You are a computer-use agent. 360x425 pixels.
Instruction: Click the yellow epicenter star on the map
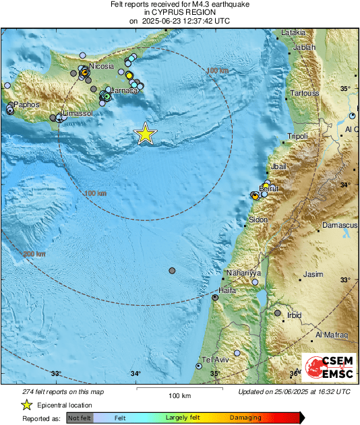coord(145,134)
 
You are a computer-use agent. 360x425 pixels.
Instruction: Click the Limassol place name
coord(77,114)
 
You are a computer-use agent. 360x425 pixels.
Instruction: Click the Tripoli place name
coord(297,136)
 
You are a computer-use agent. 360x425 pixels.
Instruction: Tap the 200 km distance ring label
coord(34,254)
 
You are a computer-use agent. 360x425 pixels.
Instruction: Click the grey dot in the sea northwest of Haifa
coord(172,270)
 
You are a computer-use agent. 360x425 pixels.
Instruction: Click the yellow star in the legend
coord(26,405)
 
